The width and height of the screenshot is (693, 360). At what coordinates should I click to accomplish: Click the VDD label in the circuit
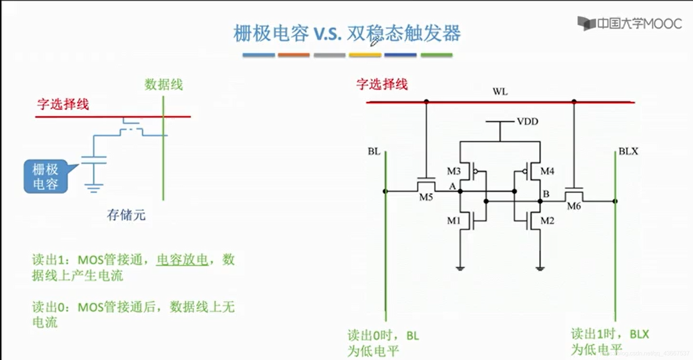(x=527, y=122)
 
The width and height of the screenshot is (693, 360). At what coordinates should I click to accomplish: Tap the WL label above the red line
(x=500, y=91)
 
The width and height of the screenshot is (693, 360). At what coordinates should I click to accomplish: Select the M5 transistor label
(x=426, y=197)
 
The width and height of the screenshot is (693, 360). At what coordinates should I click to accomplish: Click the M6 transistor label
(x=574, y=206)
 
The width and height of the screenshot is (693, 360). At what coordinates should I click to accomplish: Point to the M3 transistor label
(x=454, y=171)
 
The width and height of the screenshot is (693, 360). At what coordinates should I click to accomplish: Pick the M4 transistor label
(x=547, y=171)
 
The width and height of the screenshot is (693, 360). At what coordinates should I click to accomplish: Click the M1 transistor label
(x=454, y=221)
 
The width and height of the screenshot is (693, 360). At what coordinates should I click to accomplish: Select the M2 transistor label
(x=547, y=221)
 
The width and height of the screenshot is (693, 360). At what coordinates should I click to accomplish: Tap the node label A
(x=452, y=186)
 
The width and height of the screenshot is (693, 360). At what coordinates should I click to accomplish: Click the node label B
(x=546, y=194)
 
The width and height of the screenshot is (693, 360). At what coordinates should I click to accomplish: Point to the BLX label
(x=628, y=151)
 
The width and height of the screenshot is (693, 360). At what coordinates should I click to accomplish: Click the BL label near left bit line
(x=374, y=151)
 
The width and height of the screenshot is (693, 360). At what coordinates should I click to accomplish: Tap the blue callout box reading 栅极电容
(x=46, y=177)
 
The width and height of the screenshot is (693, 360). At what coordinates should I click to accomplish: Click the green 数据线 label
(x=163, y=85)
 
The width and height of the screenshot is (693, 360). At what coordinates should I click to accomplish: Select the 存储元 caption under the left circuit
(x=126, y=215)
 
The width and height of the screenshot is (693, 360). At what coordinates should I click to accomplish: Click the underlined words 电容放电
(x=182, y=260)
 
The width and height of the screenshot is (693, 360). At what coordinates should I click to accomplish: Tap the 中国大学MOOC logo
(x=629, y=24)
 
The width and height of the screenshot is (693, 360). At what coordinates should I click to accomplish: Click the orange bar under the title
(x=293, y=55)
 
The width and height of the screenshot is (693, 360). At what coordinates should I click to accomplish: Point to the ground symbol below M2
(x=540, y=269)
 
